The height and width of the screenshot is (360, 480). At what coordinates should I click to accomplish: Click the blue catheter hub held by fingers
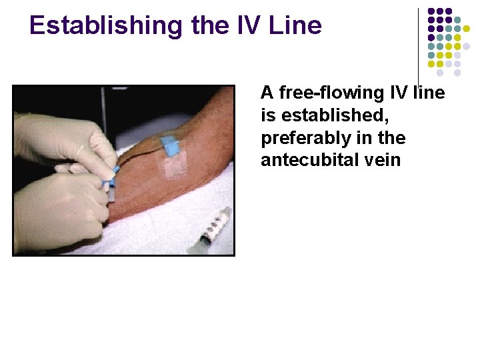point(111,181)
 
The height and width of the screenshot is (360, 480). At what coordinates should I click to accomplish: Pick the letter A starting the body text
point(267,93)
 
